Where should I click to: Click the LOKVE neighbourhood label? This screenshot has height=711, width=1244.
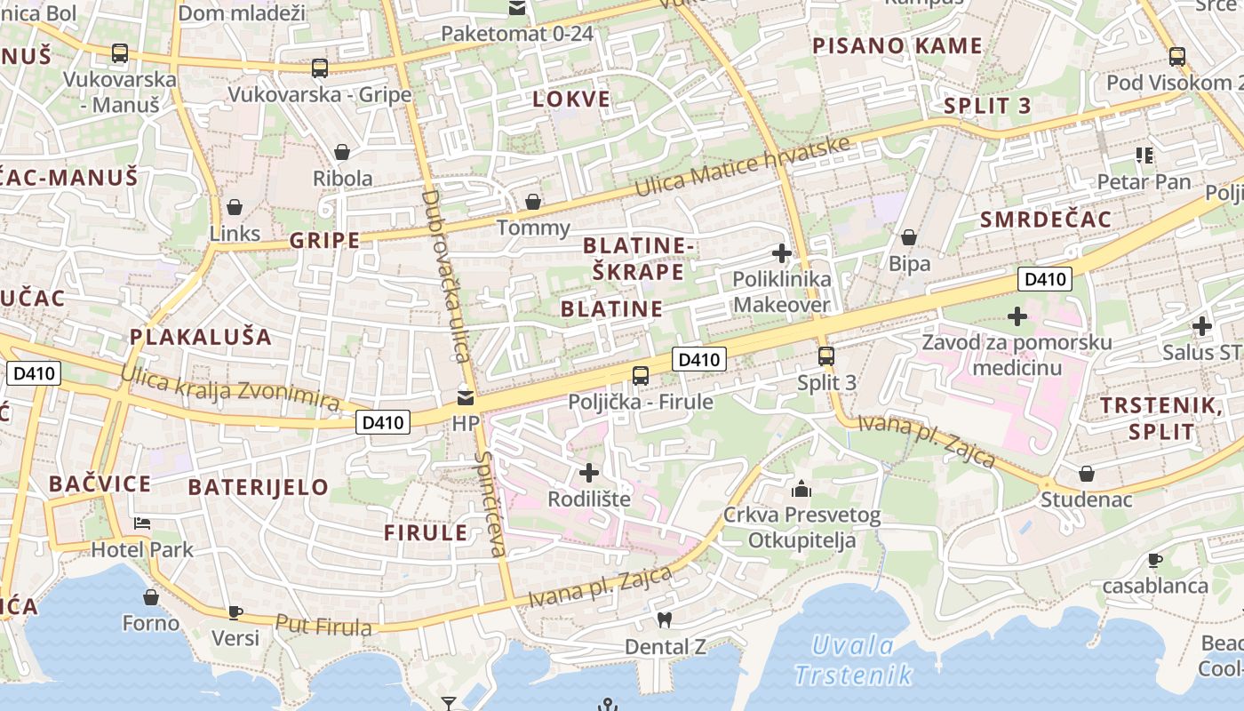click(x=571, y=99)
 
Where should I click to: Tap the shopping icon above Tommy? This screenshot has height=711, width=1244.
click(x=533, y=202)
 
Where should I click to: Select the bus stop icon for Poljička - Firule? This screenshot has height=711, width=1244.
click(x=641, y=375)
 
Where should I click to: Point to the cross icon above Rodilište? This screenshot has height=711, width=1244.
click(x=589, y=472)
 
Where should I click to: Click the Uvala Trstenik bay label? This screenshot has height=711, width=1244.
click(x=852, y=659)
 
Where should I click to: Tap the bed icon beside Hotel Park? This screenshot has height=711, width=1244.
click(x=142, y=523)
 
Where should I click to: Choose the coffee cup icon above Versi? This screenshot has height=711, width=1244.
click(x=235, y=611)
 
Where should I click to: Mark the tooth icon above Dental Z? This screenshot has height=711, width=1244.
click(x=664, y=619)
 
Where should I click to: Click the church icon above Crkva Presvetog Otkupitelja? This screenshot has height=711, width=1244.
click(x=801, y=489)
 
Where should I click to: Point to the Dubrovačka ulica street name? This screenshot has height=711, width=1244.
click(x=446, y=276)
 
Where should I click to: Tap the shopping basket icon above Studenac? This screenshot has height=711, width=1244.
click(x=1086, y=474)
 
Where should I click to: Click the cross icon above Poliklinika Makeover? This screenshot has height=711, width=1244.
click(x=782, y=253)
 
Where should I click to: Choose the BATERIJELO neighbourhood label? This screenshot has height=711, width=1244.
click(x=259, y=487)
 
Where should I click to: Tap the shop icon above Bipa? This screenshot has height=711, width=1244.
click(x=909, y=237)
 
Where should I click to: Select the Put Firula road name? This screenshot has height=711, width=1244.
click(x=323, y=625)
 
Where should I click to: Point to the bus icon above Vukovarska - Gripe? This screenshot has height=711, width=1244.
click(x=320, y=68)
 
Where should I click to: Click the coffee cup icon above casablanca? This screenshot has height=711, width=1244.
click(x=1154, y=560)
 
